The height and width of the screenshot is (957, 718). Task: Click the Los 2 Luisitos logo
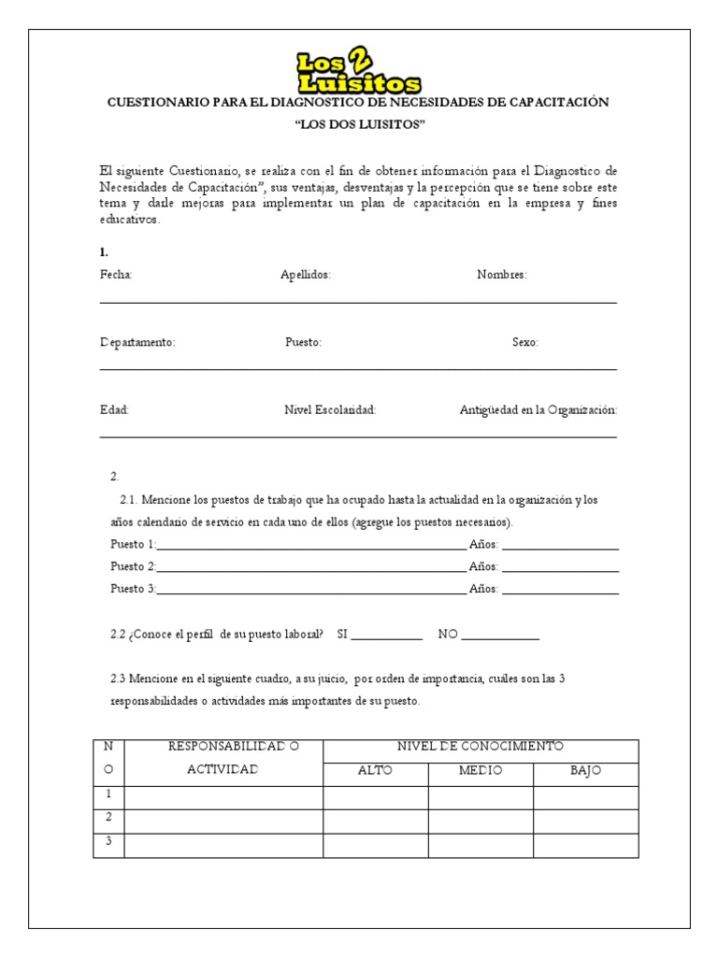[x=359, y=70]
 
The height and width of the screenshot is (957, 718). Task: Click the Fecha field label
[x=116, y=275]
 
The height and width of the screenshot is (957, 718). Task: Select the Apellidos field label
[x=306, y=275]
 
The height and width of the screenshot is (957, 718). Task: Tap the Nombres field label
[x=502, y=275]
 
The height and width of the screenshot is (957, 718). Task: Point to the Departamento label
[x=137, y=342]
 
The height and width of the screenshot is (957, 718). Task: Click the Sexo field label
[x=525, y=342]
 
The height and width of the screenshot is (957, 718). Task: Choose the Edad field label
[x=114, y=409]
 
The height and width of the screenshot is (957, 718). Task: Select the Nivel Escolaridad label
[x=330, y=409]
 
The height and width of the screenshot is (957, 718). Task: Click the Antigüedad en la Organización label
[x=538, y=409]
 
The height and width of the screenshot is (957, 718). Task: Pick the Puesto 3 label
[x=134, y=590]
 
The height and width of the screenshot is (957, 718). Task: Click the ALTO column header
[x=376, y=771]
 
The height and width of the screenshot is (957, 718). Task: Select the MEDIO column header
[x=481, y=771]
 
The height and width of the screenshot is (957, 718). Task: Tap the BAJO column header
[x=585, y=771]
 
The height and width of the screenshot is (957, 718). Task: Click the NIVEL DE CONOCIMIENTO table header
[x=481, y=747]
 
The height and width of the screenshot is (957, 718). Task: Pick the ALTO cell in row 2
[x=376, y=820]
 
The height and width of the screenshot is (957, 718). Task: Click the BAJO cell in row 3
[x=585, y=844]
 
